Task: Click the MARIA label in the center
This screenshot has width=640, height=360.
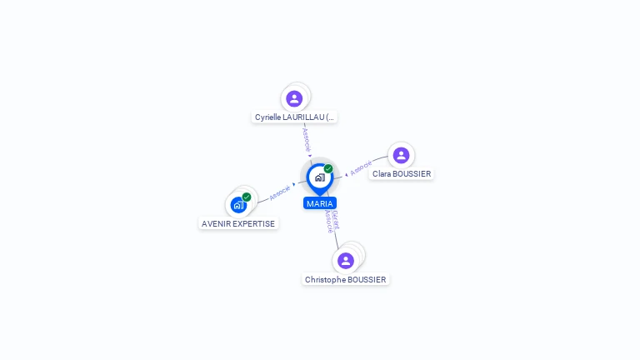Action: (319, 203)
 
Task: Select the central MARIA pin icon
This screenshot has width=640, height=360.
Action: (319, 177)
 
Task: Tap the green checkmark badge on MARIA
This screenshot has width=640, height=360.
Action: (328, 169)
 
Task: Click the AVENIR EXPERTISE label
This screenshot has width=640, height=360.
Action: (238, 223)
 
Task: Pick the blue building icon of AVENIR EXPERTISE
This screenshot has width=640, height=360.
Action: (238, 205)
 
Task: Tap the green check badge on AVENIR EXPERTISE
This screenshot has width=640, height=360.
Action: (247, 197)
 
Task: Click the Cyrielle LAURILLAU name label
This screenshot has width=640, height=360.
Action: (295, 117)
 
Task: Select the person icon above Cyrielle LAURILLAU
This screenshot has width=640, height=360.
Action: (294, 98)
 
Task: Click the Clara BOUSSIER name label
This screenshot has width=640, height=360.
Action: (402, 174)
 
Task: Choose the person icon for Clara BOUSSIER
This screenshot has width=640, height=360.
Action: (401, 155)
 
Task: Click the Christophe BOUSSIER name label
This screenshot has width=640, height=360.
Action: (346, 280)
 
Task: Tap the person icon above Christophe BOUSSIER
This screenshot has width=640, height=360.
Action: (346, 260)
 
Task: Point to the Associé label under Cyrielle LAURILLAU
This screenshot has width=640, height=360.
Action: (306, 137)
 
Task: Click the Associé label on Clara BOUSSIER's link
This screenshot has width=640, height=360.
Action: (361, 168)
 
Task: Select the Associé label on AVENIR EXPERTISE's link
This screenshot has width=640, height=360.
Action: (279, 192)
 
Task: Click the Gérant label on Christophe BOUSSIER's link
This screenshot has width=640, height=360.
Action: (336, 220)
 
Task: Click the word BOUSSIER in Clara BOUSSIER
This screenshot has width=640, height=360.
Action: (412, 174)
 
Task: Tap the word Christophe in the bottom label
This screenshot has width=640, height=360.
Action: (325, 280)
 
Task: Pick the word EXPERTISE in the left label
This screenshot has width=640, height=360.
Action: (255, 223)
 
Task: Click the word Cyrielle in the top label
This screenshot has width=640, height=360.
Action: (269, 117)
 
